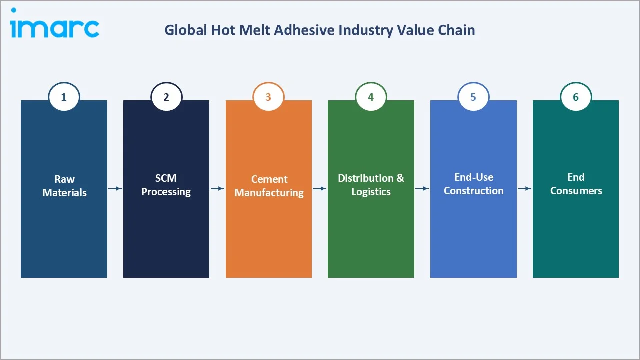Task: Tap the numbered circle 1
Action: pyautogui.click(x=64, y=97)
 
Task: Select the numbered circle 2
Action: pyautogui.click(x=166, y=97)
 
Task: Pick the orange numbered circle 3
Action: pyautogui.click(x=268, y=97)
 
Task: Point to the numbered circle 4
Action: pyautogui.click(x=371, y=97)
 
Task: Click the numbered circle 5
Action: pyautogui.click(x=473, y=97)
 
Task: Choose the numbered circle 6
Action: pyautogui.click(x=576, y=97)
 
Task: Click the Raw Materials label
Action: pyautogui.click(x=64, y=186)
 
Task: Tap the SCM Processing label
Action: pyautogui.click(x=166, y=185)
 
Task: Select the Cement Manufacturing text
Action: pyautogui.click(x=269, y=186)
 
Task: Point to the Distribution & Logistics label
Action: pyautogui.click(x=371, y=185)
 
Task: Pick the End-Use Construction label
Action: pyautogui.click(x=473, y=184)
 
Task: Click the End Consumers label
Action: pyautogui.click(x=576, y=184)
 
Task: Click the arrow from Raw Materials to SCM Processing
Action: pyautogui.click(x=115, y=188)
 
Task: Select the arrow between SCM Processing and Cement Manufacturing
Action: pyautogui.click(x=217, y=188)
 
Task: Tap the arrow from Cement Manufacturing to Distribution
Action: pyautogui.click(x=320, y=188)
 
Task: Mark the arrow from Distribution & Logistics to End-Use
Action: pyautogui.click(x=422, y=188)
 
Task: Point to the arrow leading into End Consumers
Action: pyautogui.click(x=524, y=188)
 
